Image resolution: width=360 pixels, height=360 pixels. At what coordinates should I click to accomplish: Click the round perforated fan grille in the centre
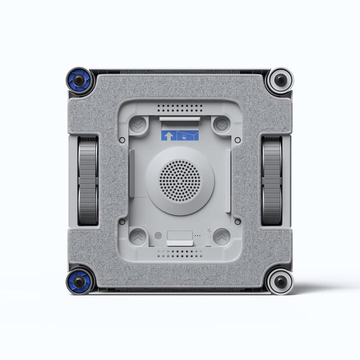[179, 179]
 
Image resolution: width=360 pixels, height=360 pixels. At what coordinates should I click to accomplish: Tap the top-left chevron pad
[139, 124]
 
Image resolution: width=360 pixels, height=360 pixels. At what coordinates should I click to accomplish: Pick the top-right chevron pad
[220, 124]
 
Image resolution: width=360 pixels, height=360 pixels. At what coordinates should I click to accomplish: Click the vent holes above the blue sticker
[179, 108]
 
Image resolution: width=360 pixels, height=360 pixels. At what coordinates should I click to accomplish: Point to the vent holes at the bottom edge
[179, 253]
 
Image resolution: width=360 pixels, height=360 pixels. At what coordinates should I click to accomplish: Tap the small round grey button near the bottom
[158, 235]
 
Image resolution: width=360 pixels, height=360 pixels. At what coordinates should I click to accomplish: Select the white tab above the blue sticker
[179, 118]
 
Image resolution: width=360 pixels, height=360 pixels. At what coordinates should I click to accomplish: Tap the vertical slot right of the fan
[228, 177]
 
